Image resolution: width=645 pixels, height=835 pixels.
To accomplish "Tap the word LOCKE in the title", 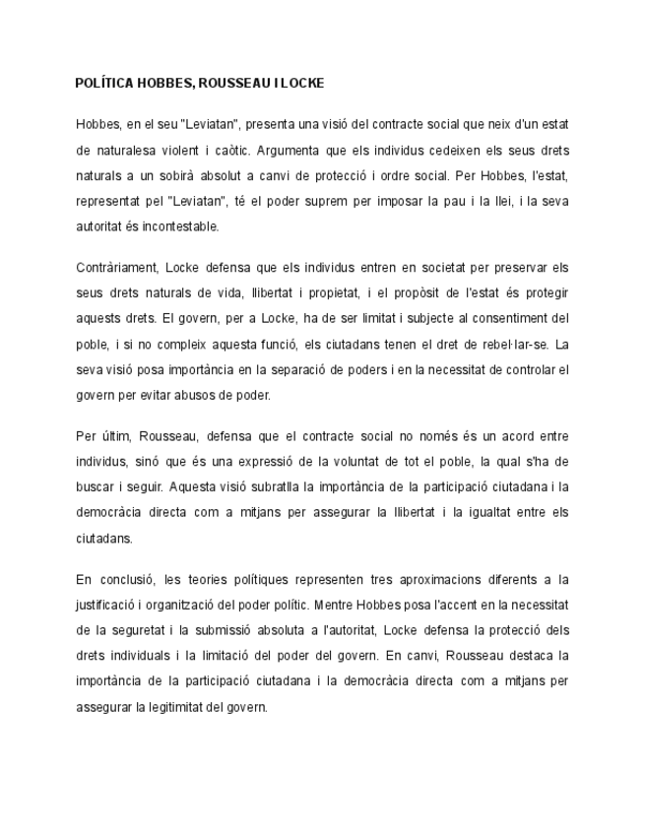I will coord(302,83).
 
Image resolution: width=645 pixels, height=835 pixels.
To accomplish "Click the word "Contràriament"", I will coord(116,268).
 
